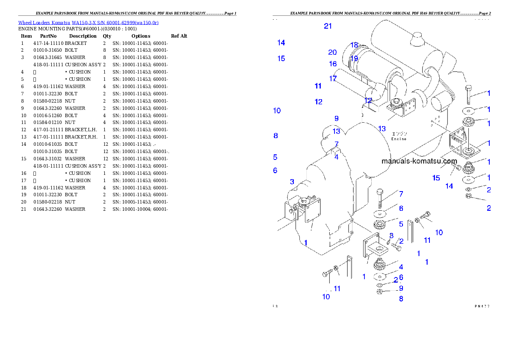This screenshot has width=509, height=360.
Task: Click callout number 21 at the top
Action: (328, 26)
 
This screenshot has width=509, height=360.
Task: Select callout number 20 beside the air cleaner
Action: (332, 53)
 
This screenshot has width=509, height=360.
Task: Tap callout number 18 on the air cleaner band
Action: (354, 45)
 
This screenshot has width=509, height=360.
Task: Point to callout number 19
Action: (354, 59)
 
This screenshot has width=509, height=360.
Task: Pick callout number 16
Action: (333, 64)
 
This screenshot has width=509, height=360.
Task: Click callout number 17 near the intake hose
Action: (333, 79)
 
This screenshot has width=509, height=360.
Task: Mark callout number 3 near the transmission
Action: (292, 182)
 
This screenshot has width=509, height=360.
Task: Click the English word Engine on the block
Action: (399, 139)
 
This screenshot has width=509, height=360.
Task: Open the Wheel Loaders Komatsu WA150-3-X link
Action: (88, 23)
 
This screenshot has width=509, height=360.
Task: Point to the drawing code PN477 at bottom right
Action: (482, 306)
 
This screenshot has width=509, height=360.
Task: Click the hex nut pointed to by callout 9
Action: (379, 292)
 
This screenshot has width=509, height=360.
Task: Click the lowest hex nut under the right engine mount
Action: (468, 196)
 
